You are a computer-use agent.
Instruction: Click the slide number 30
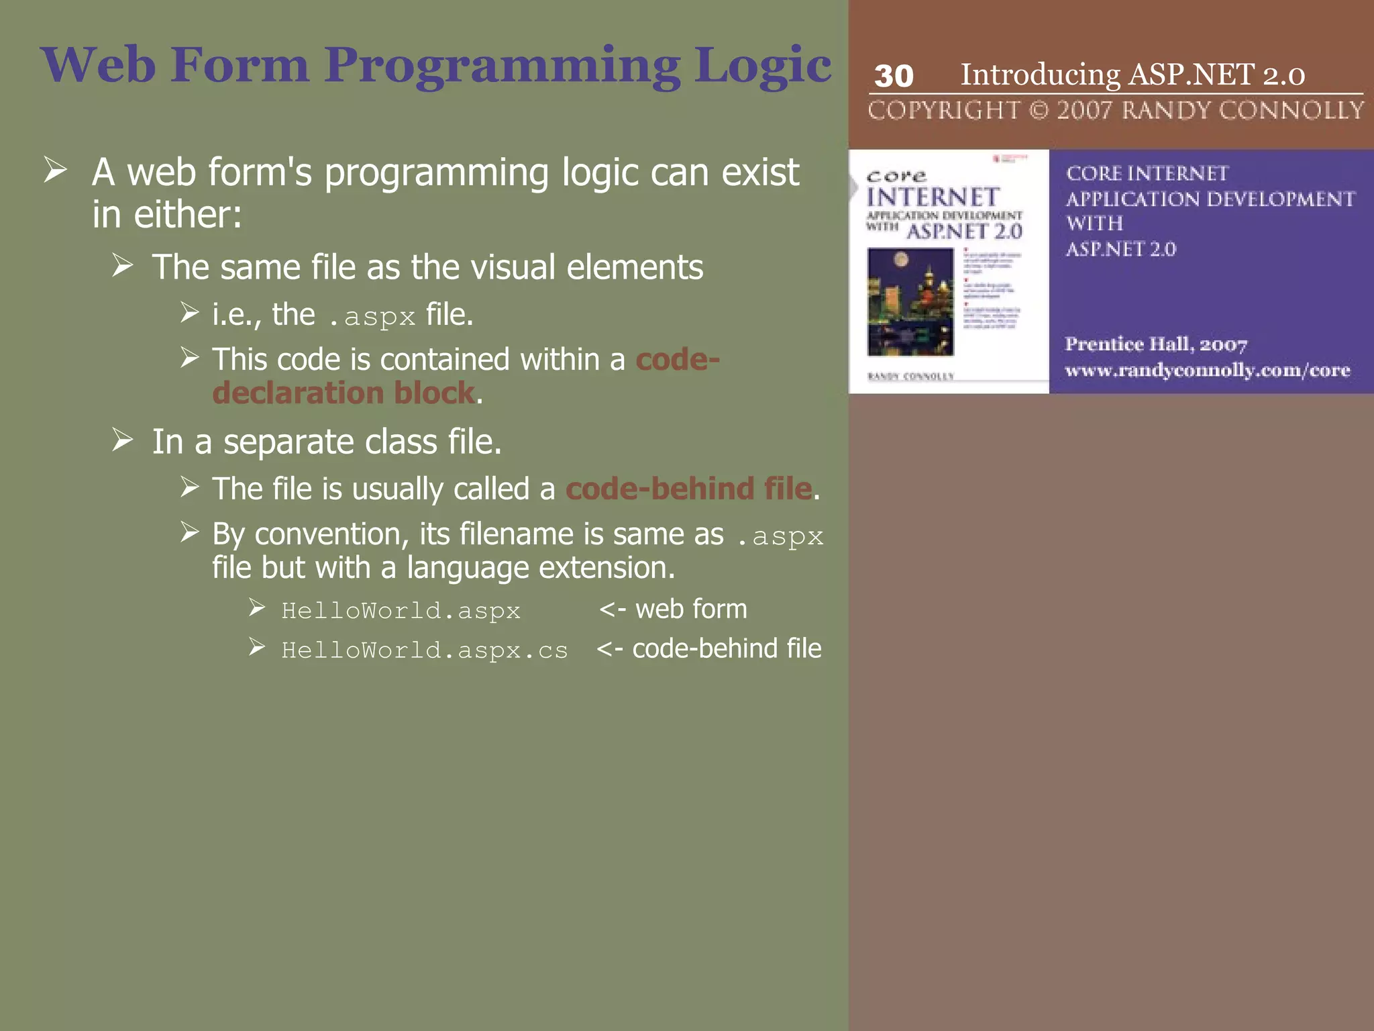[x=894, y=76]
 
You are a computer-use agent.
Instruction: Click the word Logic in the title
[x=763, y=66]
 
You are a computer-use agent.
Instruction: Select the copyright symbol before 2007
[x=1038, y=110]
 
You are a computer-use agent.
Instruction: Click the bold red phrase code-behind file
[x=688, y=489]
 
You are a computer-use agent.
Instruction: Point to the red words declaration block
[x=343, y=393]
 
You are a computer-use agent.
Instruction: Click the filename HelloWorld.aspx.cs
[x=424, y=650]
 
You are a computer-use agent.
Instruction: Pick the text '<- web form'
[x=673, y=609]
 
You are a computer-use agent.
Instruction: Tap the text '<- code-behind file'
[x=709, y=648]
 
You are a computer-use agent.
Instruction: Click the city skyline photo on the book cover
[x=910, y=301]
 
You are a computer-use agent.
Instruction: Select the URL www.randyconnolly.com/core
[x=1207, y=371]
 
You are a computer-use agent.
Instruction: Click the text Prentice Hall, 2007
[x=1155, y=344]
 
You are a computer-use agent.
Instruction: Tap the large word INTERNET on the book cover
[x=933, y=197]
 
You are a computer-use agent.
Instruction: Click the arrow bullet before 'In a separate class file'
[x=123, y=440]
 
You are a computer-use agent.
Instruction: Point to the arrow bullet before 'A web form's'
[x=56, y=170]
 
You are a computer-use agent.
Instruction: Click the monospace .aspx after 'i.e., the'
[x=373, y=316]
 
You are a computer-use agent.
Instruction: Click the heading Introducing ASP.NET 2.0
[x=1132, y=74]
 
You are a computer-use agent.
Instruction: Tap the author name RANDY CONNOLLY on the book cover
[x=910, y=377]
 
